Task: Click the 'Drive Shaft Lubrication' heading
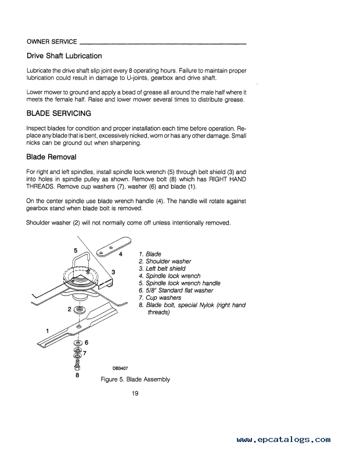pos(64,56)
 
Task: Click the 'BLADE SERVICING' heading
pos(59,113)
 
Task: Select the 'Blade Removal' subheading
pos(51,157)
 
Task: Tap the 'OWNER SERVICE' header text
pos(52,42)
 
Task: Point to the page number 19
pos(135,395)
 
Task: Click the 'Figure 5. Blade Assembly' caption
pos(135,379)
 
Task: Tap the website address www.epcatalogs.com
pos(284,440)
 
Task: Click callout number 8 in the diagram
pos(77,375)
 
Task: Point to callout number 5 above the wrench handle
pos(75,250)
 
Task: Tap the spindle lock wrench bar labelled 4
pos(107,250)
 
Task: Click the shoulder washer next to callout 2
pos(79,310)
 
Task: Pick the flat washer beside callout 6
pos(78,343)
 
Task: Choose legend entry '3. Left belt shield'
pos(162,269)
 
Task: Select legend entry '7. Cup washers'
pos(160,298)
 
